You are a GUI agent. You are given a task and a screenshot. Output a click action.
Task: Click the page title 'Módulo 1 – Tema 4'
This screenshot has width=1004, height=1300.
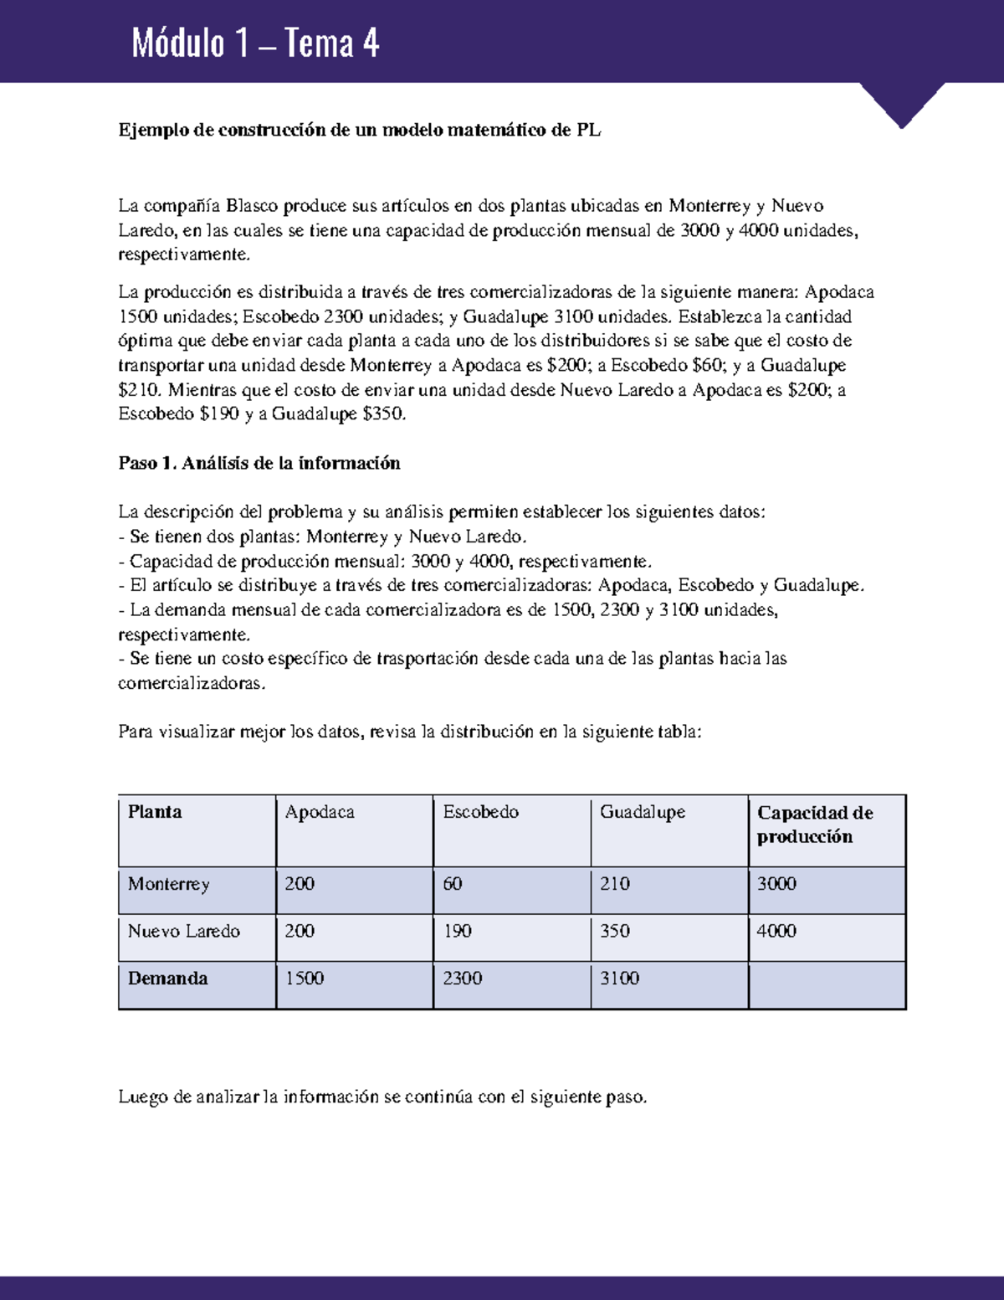[255, 44]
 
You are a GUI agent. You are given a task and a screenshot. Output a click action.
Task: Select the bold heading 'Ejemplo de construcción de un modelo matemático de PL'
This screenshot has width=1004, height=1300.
[360, 130]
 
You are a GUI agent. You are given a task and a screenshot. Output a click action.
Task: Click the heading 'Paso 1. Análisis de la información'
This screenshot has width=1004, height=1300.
[259, 463]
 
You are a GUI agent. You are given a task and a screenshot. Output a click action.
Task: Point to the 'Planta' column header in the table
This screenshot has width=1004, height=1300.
[155, 812]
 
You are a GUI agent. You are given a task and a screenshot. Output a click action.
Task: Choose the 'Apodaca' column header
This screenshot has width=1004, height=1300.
[320, 812]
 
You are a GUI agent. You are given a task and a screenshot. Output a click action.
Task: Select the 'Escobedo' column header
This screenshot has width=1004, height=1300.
[480, 812]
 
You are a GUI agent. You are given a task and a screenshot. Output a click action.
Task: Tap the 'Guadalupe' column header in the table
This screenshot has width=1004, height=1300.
[643, 812]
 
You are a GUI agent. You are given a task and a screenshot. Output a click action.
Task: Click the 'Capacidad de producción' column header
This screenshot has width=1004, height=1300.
[815, 825]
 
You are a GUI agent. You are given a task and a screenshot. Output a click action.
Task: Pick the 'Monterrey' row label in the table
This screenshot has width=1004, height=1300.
[169, 884]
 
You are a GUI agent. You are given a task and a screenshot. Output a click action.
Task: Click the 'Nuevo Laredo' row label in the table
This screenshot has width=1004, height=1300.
[184, 931]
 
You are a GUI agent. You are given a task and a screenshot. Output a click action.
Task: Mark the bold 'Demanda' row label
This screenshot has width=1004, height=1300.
[167, 979]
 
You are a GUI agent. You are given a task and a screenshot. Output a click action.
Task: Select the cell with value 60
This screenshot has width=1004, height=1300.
[453, 884]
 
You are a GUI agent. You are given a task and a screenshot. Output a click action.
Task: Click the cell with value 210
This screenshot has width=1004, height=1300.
[615, 884]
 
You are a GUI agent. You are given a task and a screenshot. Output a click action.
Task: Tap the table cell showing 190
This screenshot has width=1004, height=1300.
[458, 931]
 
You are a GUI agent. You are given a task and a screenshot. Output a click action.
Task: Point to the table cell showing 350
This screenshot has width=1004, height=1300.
[615, 931]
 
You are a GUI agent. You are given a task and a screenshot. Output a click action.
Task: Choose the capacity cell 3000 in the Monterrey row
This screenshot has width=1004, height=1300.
[776, 884]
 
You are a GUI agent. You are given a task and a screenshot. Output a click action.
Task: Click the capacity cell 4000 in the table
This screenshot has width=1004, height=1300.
[776, 931]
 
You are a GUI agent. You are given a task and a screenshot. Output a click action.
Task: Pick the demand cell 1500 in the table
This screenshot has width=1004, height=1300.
[305, 979]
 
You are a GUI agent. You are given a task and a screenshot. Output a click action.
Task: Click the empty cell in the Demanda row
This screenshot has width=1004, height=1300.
[827, 984]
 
